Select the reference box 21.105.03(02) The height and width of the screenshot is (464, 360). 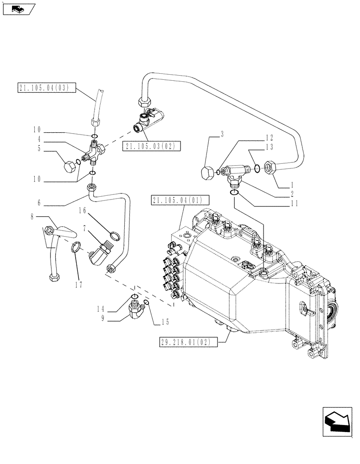(x=152, y=146)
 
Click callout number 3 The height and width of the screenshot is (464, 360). (x=222, y=135)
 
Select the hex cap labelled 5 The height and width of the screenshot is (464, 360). (x=70, y=166)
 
